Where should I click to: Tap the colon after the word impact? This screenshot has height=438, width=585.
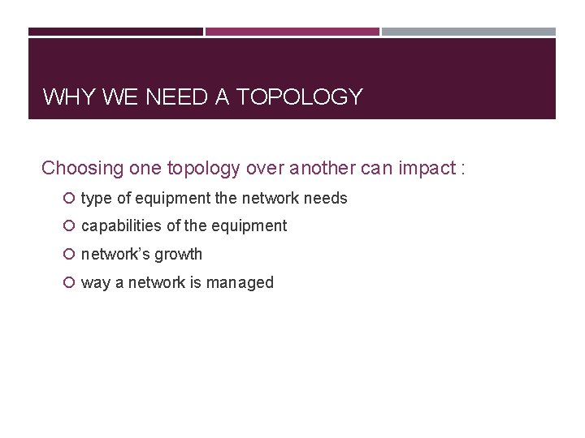tap(462, 169)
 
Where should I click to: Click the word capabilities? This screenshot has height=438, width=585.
tap(122, 225)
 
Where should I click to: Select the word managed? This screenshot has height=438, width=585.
tap(243, 283)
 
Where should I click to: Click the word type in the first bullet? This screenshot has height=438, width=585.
tap(96, 199)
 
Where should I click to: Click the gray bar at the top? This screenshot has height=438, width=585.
tap(469, 32)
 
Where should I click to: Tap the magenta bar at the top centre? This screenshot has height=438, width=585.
tap(292, 32)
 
